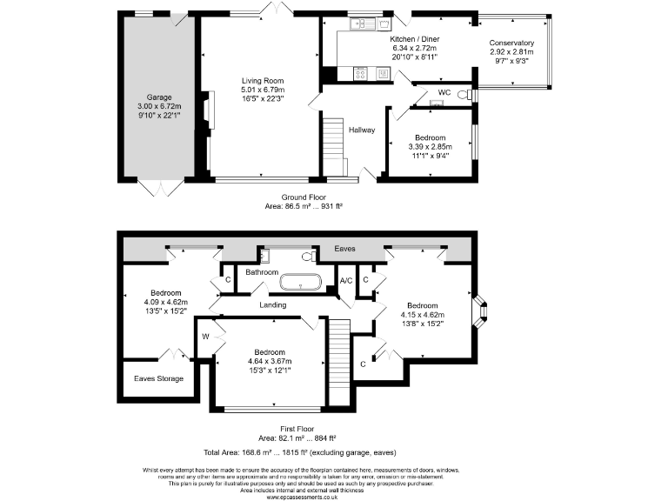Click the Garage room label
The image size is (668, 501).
[158, 97]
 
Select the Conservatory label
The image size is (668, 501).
[511, 43]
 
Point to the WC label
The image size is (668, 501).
[444, 91]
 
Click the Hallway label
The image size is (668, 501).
[362, 130]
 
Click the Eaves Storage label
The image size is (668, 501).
[158, 378]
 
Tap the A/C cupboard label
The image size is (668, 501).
[345, 280]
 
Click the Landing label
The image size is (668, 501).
[273, 305]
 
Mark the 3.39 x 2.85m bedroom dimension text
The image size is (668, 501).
[430, 147]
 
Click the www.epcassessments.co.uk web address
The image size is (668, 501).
[304, 496]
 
